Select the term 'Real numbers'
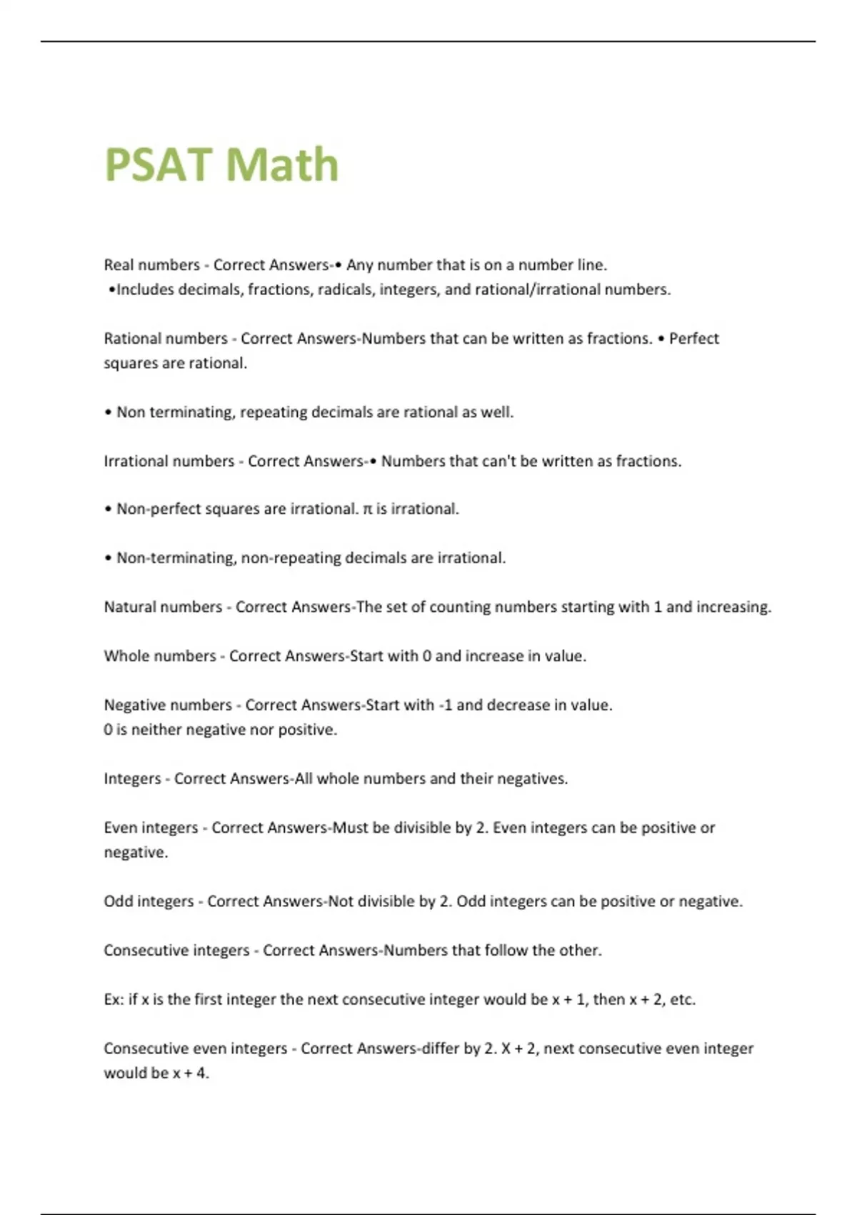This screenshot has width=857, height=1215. click(151, 265)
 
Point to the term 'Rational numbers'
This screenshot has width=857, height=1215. click(165, 339)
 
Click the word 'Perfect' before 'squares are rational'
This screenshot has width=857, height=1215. click(693, 339)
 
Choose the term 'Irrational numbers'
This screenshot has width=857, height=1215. click(169, 462)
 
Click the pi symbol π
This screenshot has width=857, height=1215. click(368, 510)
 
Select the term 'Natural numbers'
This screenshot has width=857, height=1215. click(163, 607)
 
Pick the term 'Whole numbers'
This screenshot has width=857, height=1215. click(159, 656)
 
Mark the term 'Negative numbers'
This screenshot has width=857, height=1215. click(168, 705)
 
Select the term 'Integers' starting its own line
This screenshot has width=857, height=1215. click(132, 779)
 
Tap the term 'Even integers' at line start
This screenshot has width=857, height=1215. click(151, 828)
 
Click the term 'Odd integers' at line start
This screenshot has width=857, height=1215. click(149, 902)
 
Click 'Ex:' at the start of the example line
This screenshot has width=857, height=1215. click(114, 1000)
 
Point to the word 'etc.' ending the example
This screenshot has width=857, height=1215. click(682, 1000)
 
